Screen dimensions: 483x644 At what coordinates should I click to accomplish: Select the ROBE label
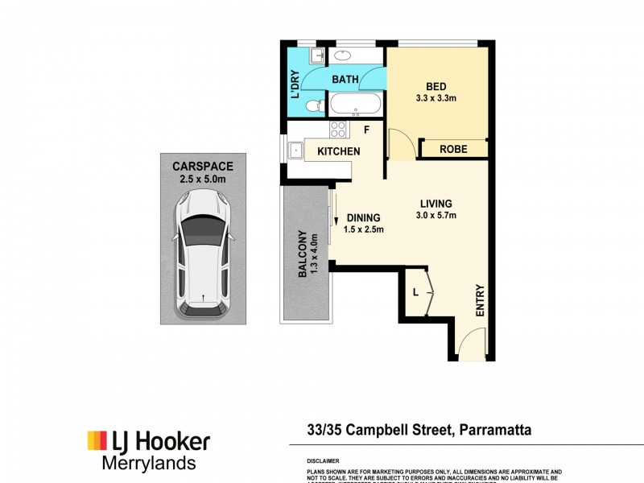[454, 149]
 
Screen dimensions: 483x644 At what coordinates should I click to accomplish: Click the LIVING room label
[436, 204]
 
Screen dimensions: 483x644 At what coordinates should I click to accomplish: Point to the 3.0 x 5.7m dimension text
[436, 216]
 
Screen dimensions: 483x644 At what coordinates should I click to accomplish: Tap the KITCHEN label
[338, 151]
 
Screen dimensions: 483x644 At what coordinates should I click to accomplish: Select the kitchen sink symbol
[296, 149]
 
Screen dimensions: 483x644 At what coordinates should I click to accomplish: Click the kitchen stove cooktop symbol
[338, 129]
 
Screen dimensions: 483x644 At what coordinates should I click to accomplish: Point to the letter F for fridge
[365, 129]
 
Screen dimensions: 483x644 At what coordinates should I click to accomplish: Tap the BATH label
[345, 80]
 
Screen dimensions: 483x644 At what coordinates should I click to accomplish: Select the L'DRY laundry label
[295, 83]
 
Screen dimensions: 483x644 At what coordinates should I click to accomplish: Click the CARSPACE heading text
[203, 167]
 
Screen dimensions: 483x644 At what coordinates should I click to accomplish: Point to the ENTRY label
[481, 300]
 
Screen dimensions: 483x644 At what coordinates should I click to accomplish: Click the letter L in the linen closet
[415, 291]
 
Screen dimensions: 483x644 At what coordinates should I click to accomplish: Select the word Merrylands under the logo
[148, 463]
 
